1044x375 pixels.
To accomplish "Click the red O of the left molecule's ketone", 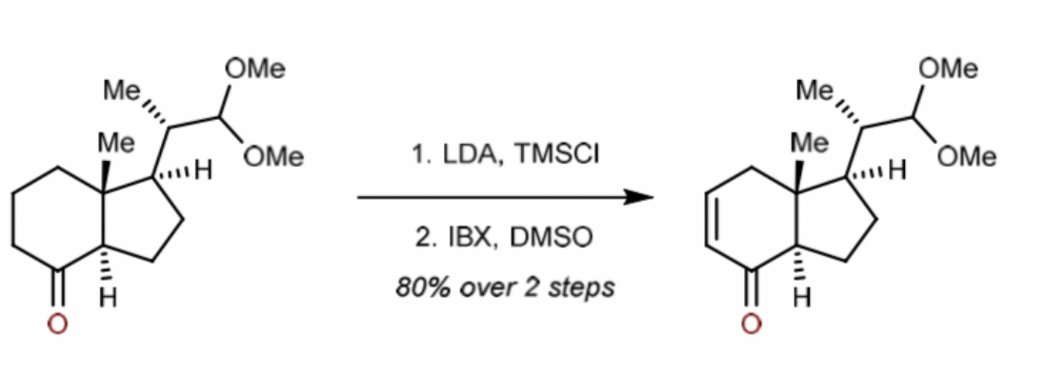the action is click(x=57, y=325).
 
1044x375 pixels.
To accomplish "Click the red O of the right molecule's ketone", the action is click(x=752, y=325).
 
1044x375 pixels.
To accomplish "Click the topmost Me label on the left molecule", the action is click(x=122, y=91).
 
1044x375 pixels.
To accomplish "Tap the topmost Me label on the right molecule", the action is click(x=815, y=91).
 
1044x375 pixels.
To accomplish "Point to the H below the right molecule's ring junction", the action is click(x=802, y=299).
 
